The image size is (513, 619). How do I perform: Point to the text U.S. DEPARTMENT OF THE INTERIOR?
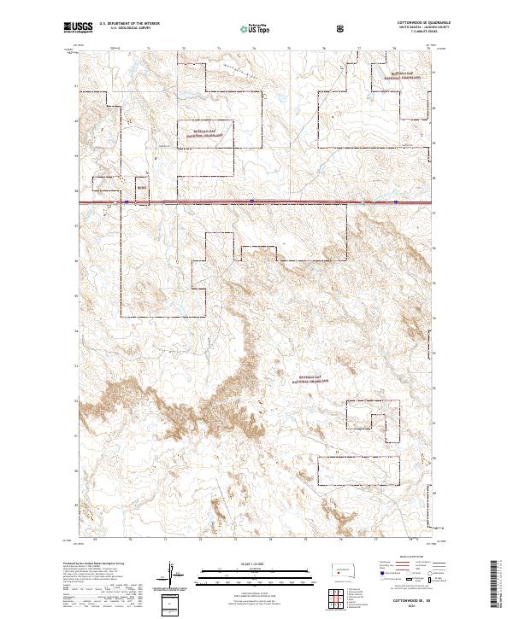click(x=129, y=23)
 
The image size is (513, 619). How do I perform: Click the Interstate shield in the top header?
click(x=342, y=27)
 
